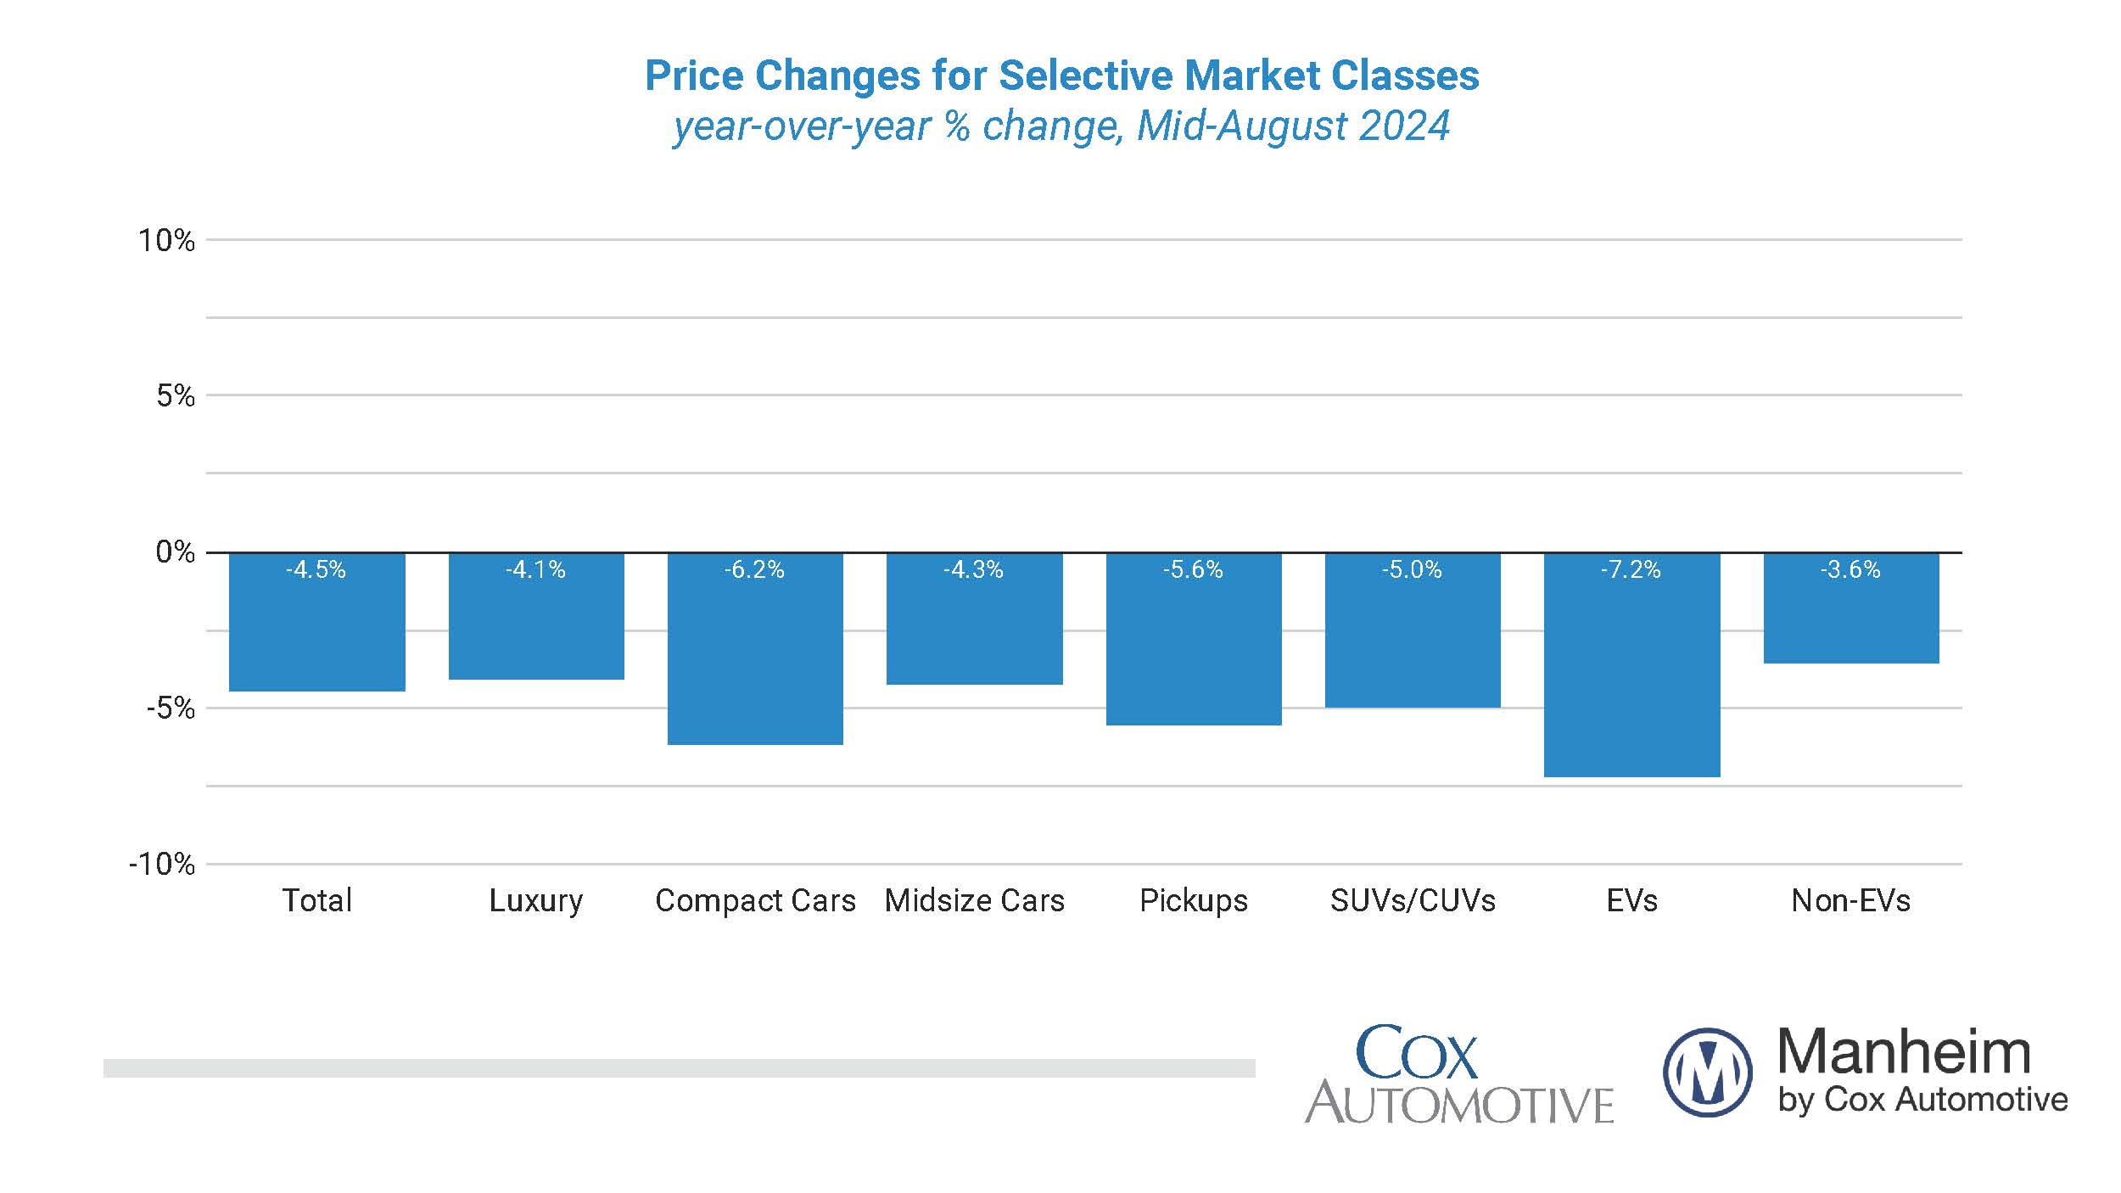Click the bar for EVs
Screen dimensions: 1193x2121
tap(1631, 670)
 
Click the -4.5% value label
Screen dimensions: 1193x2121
tap(316, 569)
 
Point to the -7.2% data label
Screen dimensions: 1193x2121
tap(1631, 569)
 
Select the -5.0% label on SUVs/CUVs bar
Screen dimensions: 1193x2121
tap(1412, 569)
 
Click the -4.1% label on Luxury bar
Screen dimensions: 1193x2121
tap(535, 569)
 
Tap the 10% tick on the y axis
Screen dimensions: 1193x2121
tap(166, 241)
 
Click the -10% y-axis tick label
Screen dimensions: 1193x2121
tap(162, 865)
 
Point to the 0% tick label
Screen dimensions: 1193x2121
tap(175, 552)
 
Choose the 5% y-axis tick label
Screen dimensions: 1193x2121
tap(175, 396)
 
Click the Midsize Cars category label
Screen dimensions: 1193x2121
tap(974, 900)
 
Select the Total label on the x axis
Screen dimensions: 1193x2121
tap(316, 900)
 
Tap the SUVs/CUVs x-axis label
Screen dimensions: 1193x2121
tap(1413, 900)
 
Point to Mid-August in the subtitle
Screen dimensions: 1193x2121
tap(1240, 126)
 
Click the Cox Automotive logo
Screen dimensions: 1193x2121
tap(1458, 1076)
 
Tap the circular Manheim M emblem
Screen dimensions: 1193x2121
tap(1707, 1072)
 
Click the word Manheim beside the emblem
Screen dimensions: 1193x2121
tap(1903, 1052)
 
